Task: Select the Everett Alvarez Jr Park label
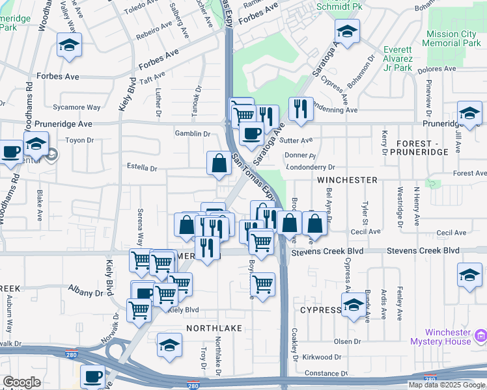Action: [398, 58]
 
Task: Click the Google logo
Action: [21, 382]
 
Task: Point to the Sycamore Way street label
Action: [77, 107]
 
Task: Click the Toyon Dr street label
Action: [80, 140]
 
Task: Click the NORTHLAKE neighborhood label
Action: [214, 328]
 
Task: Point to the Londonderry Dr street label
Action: [310, 167]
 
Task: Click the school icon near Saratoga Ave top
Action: [347, 32]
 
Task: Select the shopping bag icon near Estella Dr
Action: [219, 164]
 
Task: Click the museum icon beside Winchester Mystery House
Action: [480, 336]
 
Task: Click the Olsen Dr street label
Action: [347, 341]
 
